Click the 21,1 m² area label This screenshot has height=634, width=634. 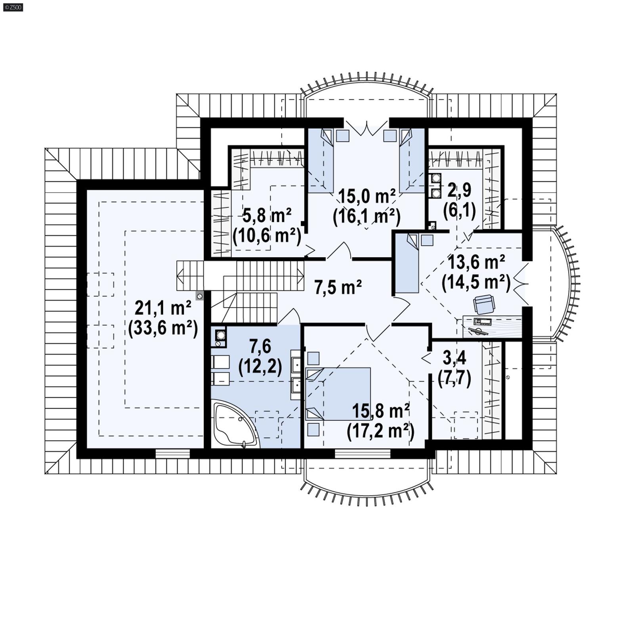pos(163,307)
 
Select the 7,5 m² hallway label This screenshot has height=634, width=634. pos(338,286)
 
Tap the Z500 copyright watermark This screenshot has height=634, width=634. pos(13,7)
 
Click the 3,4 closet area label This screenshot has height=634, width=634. pos(454,358)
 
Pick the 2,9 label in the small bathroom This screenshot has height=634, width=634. pos(459,191)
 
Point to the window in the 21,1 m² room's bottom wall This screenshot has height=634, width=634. pos(172,453)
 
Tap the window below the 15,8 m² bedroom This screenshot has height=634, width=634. pos(363,453)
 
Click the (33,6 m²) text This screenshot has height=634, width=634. pos(163,328)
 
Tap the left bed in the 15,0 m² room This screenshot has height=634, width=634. pos(321,160)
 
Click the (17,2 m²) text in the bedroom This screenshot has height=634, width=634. pos(380,432)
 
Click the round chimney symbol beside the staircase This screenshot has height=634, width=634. pos(200,296)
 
